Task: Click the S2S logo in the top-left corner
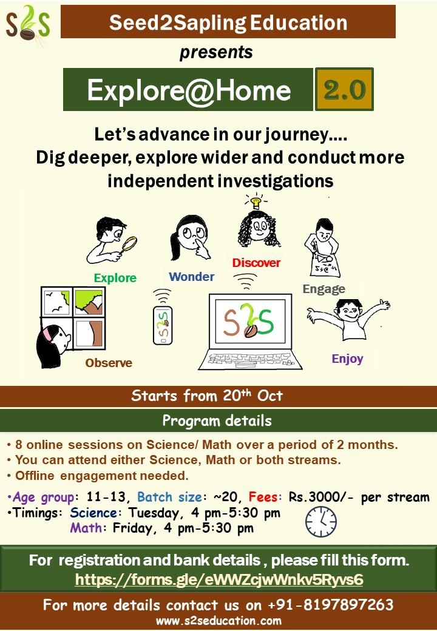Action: pyautogui.click(x=27, y=24)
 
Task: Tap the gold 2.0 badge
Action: pyautogui.click(x=345, y=89)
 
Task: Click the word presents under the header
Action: pyautogui.click(x=216, y=52)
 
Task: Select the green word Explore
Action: pyautogui.click(x=115, y=278)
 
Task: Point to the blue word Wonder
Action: pyautogui.click(x=192, y=277)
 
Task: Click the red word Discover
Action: pyautogui.click(x=256, y=263)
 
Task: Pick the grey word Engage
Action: pyautogui.click(x=324, y=289)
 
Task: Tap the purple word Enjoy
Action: pyautogui.click(x=347, y=359)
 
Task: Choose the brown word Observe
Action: pyautogui.click(x=109, y=363)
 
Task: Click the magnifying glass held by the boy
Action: pyautogui.click(x=129, y=243)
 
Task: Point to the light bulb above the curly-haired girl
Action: pyautogui.click(x=255, y=201)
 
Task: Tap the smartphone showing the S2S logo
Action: pyautogui.click(x=163, y=325)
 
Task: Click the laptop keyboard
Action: pyautogui.click(x=250, y=359)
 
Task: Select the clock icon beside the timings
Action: pyautogui.click(x=320, y=522)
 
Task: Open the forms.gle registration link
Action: pyautogui.click(x=219, y=579)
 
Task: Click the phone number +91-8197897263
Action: pyautogui.click(x=331, y=604)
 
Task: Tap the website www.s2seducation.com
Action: pyautogui.click(x=218, y=621)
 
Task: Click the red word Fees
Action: pyautogui.click(x=263, y=497)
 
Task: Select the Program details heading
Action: pyautogui.click(x=217, y=420)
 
